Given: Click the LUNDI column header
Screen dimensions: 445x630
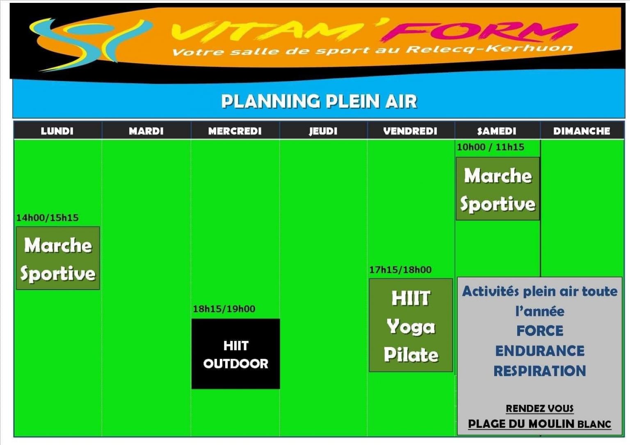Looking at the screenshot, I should [57, 131].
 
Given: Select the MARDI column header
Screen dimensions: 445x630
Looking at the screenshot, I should [146, 131].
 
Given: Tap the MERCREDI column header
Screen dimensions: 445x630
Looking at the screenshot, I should [235, 131].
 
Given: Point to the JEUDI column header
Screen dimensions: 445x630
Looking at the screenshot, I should [323, 131].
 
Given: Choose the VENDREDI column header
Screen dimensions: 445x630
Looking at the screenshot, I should [410, 131].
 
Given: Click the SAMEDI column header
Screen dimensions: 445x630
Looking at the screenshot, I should [497, 131].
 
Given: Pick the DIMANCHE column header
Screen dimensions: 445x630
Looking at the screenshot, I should [582, 131].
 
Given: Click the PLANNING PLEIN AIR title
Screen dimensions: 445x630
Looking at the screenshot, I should [319, 102].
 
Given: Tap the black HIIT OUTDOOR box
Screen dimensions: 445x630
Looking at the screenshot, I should [235, 354].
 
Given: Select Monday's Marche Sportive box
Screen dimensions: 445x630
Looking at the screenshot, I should [58, 259].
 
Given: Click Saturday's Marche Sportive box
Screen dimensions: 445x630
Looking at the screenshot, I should [498, 189].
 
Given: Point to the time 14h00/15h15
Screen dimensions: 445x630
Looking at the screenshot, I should [47, 218].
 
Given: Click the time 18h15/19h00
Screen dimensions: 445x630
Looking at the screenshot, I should [224, 309].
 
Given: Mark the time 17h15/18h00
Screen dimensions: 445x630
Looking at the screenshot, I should [400, 270].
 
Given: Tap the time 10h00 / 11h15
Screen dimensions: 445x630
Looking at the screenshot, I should [491, 147].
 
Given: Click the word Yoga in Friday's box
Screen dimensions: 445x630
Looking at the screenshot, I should [411, 327].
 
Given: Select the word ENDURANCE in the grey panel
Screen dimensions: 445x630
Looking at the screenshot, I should [540, 351].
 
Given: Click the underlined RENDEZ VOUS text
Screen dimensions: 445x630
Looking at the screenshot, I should [540, 409].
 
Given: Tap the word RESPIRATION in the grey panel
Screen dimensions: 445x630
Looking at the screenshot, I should [540, 371].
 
